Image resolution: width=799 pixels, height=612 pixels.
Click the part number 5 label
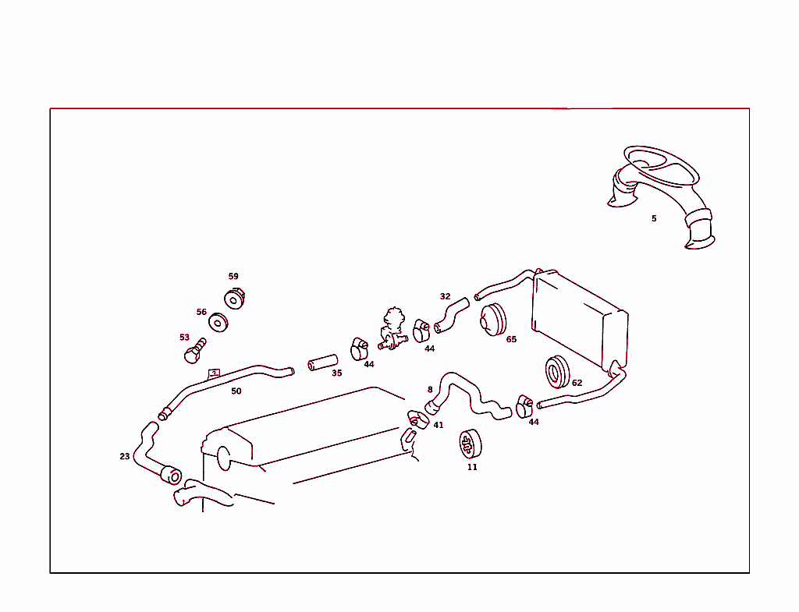(x=654, y=218)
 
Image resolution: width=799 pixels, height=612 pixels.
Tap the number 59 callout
(x=233, y=276)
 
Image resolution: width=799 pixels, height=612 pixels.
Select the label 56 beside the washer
(x=202, y=312)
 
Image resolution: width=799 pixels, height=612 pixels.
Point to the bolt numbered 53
(x=194, y=350)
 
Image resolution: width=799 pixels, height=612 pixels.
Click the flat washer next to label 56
(x=218, y=322)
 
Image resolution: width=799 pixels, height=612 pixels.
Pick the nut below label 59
(x=235, y=299)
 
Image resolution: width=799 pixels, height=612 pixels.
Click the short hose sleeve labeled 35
(x=322, y=363)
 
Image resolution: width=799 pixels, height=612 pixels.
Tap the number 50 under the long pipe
(x=236, y=391)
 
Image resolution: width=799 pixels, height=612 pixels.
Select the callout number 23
(x=125, y=456)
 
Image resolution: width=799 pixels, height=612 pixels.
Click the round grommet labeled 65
(x=493, y=320)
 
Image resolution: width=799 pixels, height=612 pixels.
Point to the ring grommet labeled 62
(x=557, y=372)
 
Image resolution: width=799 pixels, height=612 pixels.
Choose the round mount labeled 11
(x=471, y=444)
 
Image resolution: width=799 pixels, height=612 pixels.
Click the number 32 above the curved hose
(x=446, y=296)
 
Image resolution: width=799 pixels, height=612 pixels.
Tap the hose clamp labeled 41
(x=419, y=419)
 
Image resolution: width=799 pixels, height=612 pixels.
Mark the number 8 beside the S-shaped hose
(x=430, y=390)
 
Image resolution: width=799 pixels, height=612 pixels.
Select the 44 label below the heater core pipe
(x=534, y=422)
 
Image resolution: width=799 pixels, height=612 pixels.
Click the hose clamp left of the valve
(x=359, y=348)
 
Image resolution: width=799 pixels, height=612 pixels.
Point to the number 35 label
(x=337, y=373)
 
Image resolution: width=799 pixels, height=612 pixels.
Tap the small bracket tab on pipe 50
(x=214, y=374)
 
